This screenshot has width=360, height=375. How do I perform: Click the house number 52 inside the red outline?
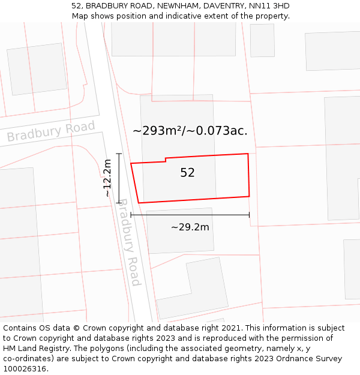click(188, 173)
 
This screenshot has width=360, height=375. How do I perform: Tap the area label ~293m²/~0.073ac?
click(190, 130)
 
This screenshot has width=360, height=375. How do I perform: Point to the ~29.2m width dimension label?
click(190, 227)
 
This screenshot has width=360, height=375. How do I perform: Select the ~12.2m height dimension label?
click(107, 178)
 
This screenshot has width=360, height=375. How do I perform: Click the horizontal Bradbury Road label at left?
click(51, 131)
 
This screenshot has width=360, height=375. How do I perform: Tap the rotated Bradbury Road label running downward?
click(128, 242)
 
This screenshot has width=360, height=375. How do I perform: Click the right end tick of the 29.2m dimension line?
click(250, 215)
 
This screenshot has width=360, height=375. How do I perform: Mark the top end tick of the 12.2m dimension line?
click(119, 154)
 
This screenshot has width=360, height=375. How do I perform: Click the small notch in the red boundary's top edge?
click(166, 160)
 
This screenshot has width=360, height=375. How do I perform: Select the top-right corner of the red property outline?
click(248, 154)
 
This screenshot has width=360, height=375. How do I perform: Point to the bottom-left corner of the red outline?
click(139, 203)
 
